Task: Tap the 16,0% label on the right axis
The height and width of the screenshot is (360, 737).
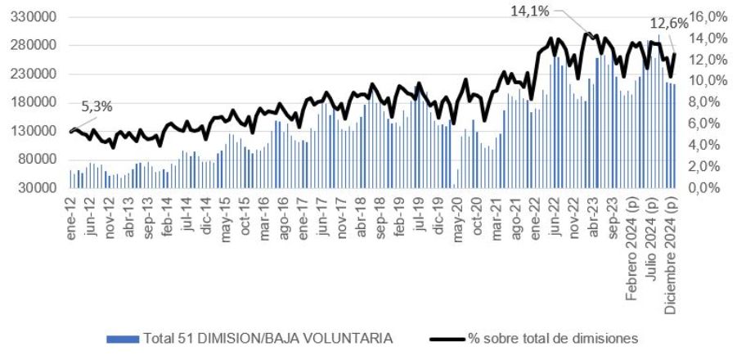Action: coord(708,17)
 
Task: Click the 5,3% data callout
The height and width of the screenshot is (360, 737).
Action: coord(97,106)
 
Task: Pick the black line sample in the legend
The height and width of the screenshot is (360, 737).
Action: coord(446,338)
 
